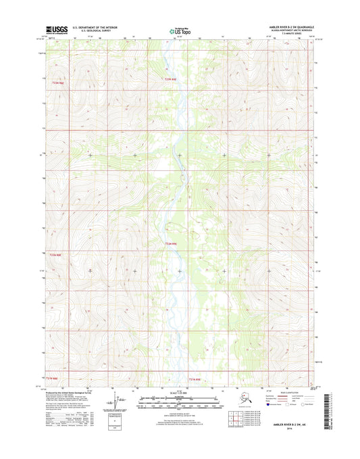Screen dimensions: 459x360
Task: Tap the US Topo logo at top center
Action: [180, 30]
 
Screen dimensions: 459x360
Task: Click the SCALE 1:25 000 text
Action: [180, 394]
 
